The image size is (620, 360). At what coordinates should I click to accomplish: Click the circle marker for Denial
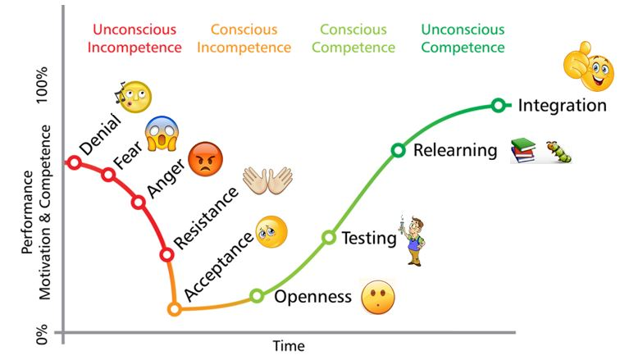pyautogui.click(x=74, y=162)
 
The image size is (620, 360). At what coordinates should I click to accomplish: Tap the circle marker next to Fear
pyautogui.click(x=107, y=174)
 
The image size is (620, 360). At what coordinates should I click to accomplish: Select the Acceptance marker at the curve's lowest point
pyautogui.click(x=174, y=309)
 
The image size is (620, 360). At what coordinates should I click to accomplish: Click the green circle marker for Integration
pyautogui.click(x=498, y=105)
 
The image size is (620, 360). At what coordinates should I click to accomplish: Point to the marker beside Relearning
pyautogui.click(x=398, y=150)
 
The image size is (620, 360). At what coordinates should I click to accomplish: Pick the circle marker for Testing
pyautogui.click(x=329, y=238)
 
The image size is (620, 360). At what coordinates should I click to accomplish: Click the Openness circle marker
pyautogui.click(x=257, y=295)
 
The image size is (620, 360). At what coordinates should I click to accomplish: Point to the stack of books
pyautogui.click(x=523, y=150)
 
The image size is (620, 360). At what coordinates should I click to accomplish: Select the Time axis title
pyautogui.click(x=288, y=345)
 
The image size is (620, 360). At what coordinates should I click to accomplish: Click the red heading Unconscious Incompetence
pyautogui.click(x=135, y=39)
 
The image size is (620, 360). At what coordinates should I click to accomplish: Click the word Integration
pyautogui.click(x=563, y=106)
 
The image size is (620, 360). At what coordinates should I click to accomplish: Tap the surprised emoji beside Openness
pyautogui.click(x=378, y=296)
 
